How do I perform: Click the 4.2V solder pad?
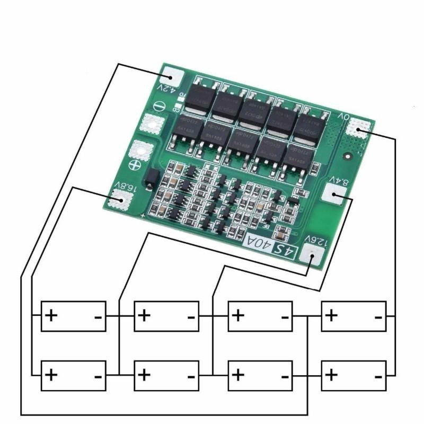point(172,77)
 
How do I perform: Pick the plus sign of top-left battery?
point(51,316)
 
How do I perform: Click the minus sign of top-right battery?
point(378,316)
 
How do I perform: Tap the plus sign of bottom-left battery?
point(51,375)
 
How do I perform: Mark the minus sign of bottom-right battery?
point(378,375)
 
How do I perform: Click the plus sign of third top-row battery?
point(238,316)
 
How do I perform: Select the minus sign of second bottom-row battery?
point(191,375)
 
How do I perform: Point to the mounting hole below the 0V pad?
point(348,157)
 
